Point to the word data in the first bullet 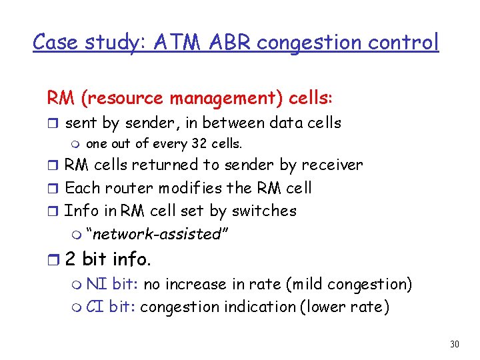click(288, 123)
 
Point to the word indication click(259, 307)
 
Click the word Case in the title click(55, 43)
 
